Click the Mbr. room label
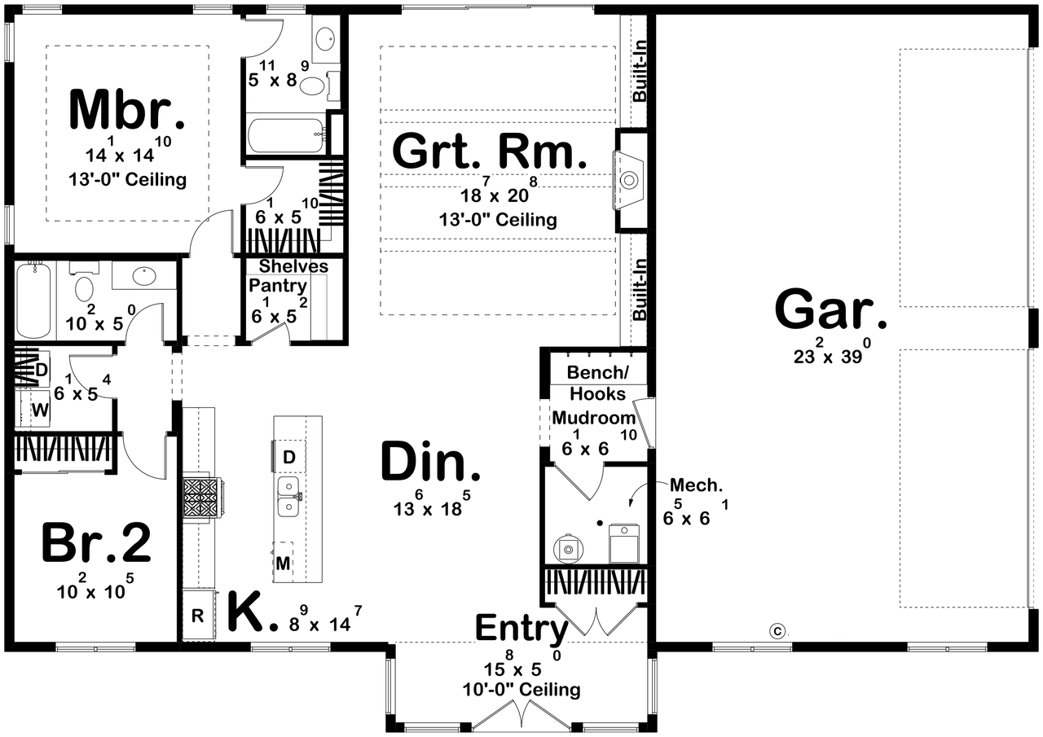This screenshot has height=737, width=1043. tap(127, 110)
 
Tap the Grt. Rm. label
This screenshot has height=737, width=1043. tap(490, 151)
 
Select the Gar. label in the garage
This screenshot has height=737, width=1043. tap(831, 309)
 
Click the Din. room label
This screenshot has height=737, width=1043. tap(431, 463)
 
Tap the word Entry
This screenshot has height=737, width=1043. tap(521, 629)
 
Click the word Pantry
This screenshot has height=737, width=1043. tap(278, 286)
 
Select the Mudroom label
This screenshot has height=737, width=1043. tap(594, 418)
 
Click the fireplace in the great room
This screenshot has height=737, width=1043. tap(628, 179)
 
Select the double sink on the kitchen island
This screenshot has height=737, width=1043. tap(288, 497)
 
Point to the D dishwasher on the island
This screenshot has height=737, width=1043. tap(288, 458)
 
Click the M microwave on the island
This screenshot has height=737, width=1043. tap(283, 563)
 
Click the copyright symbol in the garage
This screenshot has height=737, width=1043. tap(777, 630)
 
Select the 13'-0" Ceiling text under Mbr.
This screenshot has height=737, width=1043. tap(127, 179)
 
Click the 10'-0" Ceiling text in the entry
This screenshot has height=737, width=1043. tap(521, 691)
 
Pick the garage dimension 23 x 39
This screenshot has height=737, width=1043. tap(831, 354)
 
